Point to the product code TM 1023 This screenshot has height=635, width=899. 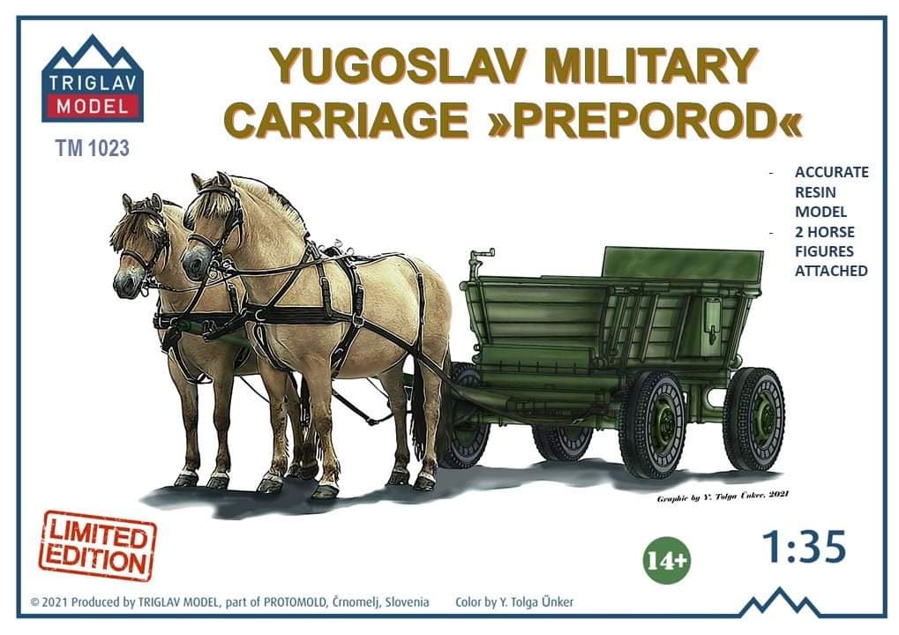pos(93,148)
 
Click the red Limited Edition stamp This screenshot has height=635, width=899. pos(97,545)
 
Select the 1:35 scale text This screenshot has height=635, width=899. pos(804,546)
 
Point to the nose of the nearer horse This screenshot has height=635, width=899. pos(194,265)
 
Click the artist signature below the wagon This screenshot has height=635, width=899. pos(723,496)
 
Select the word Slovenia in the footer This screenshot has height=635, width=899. pos(408,602)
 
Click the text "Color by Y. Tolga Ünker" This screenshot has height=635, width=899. pos(514,602)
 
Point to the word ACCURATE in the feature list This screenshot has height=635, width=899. pos(831,172)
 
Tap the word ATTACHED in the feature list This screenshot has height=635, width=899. pos(831,271)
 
